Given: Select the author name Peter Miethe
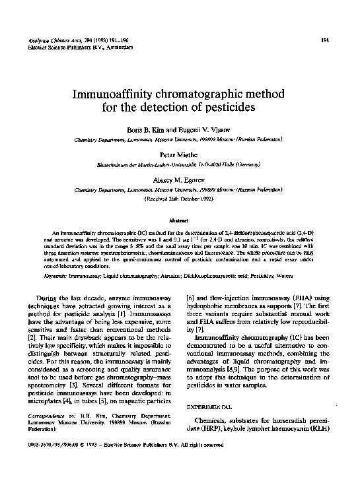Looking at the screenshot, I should tap(180, 151).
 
